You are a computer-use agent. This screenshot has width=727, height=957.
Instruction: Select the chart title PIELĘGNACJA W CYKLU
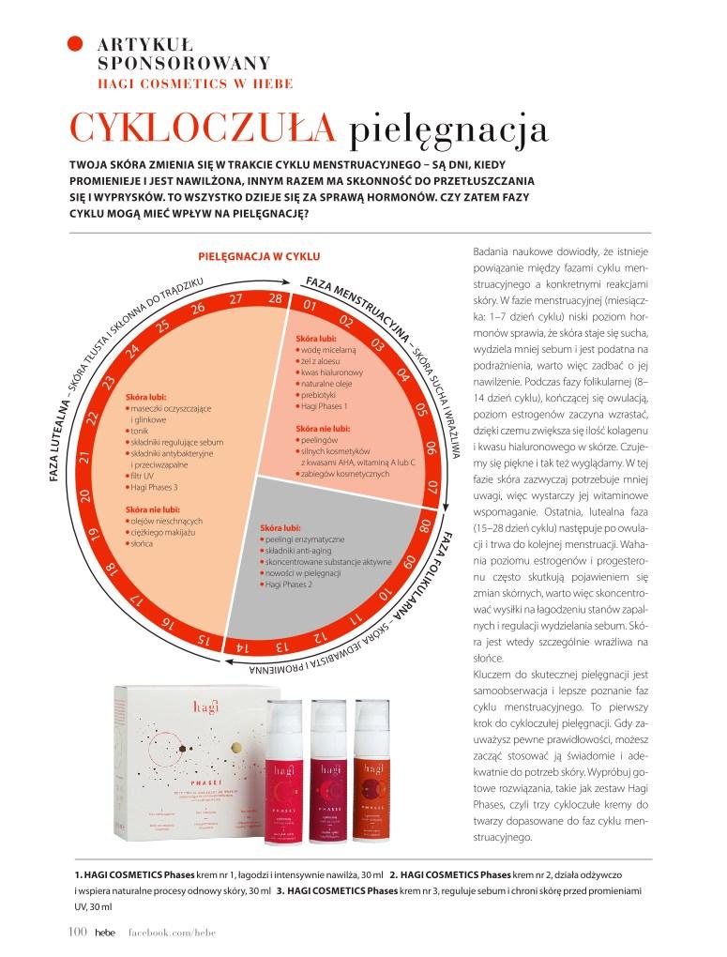(x=260, y=254)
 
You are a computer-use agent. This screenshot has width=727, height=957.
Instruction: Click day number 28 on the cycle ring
(x=274, y=298)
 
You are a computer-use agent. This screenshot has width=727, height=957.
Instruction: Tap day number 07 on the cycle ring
(x=432, y=486)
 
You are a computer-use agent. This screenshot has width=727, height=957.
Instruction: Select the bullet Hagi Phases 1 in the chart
(x=324, y=406)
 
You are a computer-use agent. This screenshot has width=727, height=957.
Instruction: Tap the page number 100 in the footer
(x=78, y=931)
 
